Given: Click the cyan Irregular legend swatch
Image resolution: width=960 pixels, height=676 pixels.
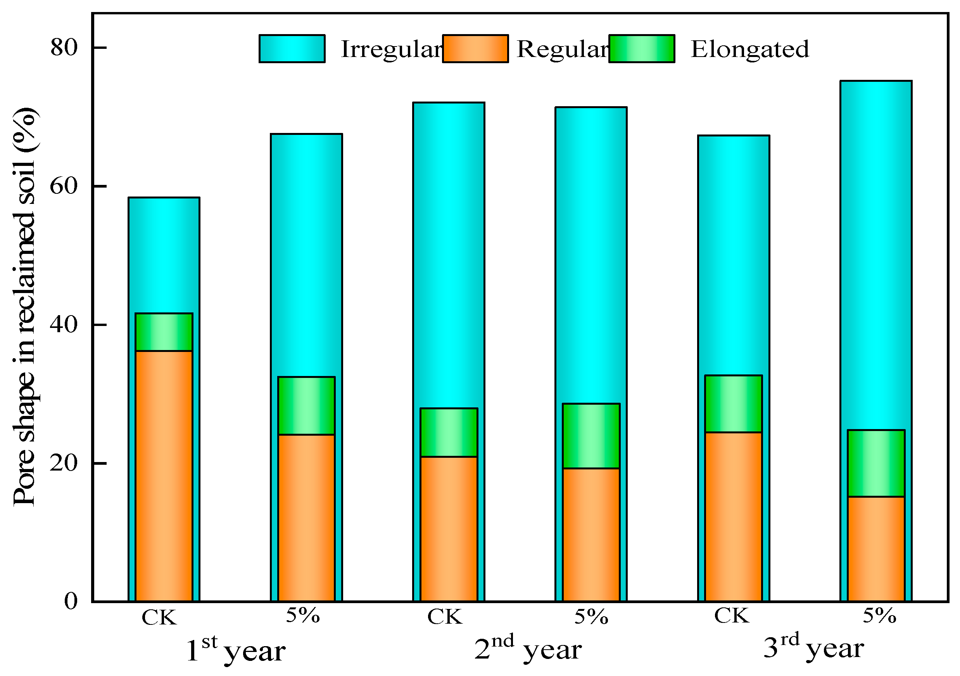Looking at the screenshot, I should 292,48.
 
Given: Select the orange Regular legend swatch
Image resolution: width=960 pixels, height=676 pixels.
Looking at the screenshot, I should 475,48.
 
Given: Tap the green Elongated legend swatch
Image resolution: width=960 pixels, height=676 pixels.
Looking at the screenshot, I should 641,48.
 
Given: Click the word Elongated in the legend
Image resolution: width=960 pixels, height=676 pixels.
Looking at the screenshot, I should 750,49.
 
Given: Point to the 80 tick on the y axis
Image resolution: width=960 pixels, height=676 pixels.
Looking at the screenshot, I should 64,48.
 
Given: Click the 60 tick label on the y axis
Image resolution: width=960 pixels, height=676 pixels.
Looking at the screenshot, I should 64,186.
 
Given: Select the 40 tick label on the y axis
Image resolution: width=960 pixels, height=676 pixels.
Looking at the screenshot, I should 64,325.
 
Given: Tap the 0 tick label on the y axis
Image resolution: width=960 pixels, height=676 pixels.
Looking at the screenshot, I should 71,602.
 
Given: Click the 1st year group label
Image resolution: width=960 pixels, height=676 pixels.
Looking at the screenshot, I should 235,650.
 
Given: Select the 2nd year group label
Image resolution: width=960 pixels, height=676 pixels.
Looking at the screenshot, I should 528,649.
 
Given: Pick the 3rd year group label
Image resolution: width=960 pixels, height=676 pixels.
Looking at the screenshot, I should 813,648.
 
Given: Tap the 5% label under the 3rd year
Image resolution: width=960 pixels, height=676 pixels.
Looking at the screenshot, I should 879,616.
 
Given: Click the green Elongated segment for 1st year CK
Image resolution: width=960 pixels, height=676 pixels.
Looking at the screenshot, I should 164,332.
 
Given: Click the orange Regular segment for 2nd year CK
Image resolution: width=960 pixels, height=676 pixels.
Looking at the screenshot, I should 449,529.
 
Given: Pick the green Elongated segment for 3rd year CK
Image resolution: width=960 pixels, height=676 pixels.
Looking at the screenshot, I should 734,404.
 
